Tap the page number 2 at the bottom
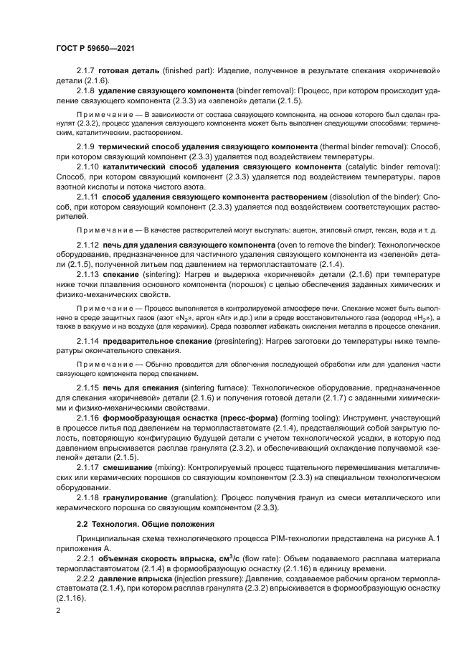(x=59, y=610)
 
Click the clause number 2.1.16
(x=88, y=417)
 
